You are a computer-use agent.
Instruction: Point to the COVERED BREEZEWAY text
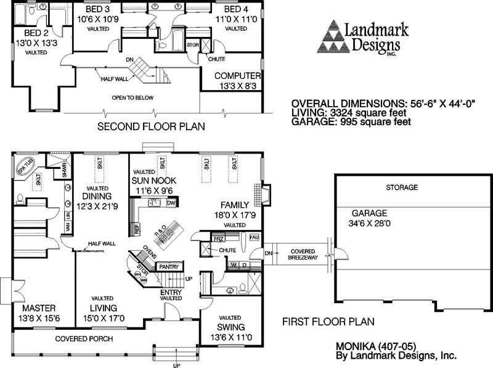coord(301,255)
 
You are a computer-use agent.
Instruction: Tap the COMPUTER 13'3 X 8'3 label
coord(237,81)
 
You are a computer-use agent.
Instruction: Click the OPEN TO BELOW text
coord(132,98)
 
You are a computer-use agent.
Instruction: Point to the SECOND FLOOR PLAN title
coord(152,126)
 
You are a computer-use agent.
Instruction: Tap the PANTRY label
coord(168,266)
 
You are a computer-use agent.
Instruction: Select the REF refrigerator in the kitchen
coord(136,229)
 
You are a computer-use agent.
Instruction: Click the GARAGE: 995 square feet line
coord(351,121)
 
